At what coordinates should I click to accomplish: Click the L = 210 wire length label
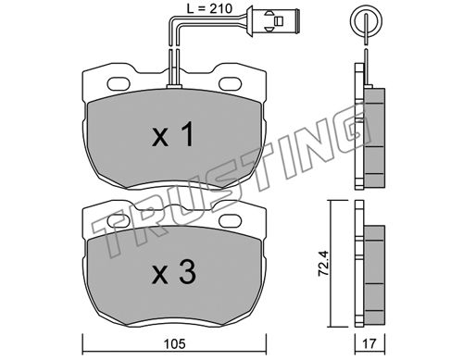click(x=209, y=8)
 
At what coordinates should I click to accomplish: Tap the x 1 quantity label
click(x=173, y=134)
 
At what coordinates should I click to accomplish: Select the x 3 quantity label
click(x=174, y=272)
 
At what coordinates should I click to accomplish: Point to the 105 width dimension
click(x=175, y=343)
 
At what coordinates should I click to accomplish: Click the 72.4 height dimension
click(x=324, y=263)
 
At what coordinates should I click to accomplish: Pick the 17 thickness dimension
click(x=369, y=343)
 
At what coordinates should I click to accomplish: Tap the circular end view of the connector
click(x=366, y=20)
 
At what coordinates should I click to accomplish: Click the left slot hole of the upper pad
click(x=119, y=83)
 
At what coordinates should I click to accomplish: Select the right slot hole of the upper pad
click(x=230, y=83)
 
